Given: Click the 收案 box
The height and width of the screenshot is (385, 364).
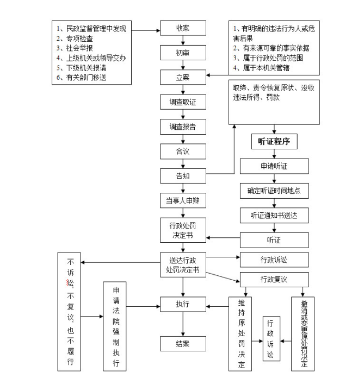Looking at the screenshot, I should pyautogui.click(x=183, y=28).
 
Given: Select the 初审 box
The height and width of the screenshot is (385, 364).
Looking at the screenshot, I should pyautogui.click(x=183, y=53).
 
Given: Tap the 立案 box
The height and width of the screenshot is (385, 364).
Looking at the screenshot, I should pyautogui.click(x=183, y=77).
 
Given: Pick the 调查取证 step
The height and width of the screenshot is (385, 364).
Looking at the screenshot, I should pyautogui.click(x=183, y=102).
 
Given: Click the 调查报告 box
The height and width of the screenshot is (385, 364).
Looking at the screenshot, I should pyautogui.click(x=183, y=127).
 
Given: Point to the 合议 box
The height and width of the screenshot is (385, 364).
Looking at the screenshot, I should pyautogui.click(x=183, y=151).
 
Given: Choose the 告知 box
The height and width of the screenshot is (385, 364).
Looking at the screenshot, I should pyautogui.click(x=183, y=175).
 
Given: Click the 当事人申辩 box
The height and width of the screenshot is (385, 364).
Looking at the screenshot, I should pyautogui.click(x=183, y=200).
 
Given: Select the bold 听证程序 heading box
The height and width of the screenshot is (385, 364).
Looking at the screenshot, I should pyautogui.click(x=274, y=142).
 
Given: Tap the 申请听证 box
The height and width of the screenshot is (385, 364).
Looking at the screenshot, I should pyautogui.click(x=274, y=166).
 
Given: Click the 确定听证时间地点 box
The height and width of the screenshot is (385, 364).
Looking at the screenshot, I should pyautogui.click(x=274, y=191).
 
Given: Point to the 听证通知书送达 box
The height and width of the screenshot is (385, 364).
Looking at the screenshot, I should pyautogui.click(x=274, y=215).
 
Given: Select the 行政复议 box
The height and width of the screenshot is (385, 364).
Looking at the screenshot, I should pyautogui.click(x=274, y=279).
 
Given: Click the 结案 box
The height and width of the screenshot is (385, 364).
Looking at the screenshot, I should pyautogui.click(x=183, y=343).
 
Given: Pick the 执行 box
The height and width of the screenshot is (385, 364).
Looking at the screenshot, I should pyautogui.click(x=183, y=305).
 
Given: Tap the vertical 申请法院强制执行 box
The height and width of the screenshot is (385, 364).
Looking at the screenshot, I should pyautogui.click(x=115, y=326).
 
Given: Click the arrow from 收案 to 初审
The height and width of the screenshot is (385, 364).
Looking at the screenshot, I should pyautogui.click(x=183, y=40).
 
